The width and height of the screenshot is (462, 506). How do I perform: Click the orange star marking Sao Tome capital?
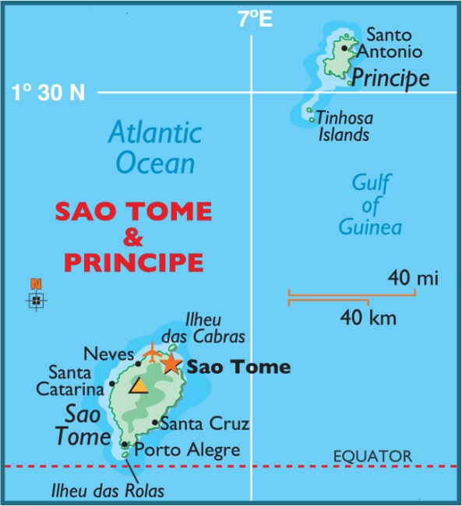tap(170, 364)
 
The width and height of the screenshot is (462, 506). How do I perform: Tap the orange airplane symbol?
tap(153, 353)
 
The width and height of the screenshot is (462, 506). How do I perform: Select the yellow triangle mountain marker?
tap(139, 386)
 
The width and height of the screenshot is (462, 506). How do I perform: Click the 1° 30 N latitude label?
tap(48, 93)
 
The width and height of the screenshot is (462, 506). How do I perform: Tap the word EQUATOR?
tap(372, 456)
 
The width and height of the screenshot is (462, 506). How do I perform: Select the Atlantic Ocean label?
tap(154, 147)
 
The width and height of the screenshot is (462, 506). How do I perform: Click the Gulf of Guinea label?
tap(370, 205)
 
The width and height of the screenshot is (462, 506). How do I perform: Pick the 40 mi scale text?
tap(413, 278)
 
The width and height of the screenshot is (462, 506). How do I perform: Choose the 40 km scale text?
tap(368, 318)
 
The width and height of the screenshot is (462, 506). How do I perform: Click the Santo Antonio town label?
tap(393, 44)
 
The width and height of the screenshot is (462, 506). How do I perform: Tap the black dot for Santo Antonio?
tap(344, 47)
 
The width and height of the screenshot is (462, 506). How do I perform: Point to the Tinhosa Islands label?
tap(344, 126)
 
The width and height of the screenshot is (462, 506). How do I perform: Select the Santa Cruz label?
tap(204, 424)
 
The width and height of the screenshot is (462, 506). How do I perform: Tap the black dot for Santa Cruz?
tap(155, 423)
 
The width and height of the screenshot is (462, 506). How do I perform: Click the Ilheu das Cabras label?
tap(215, 329)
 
